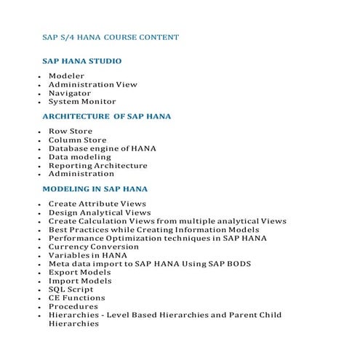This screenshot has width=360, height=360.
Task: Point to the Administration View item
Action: coord(92,84)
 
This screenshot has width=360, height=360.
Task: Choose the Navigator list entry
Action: coord(70,93)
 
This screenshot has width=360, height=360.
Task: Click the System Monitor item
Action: coord(82,102)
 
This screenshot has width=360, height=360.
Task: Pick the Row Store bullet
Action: coord(71,131)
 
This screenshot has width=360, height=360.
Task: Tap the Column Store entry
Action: coord(77,140)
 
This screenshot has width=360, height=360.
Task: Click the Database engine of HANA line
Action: coord(102,148)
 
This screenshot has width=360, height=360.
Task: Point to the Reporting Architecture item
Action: coord(97,165)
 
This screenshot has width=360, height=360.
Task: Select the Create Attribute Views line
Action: coord(97,204)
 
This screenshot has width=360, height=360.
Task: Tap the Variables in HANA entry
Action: coord(87,255)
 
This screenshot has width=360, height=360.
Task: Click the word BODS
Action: coord(239,263)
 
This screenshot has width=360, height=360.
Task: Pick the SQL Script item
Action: coord(71,289)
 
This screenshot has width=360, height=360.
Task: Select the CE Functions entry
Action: coord(76,297)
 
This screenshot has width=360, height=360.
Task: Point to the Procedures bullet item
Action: coord(73,306)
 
